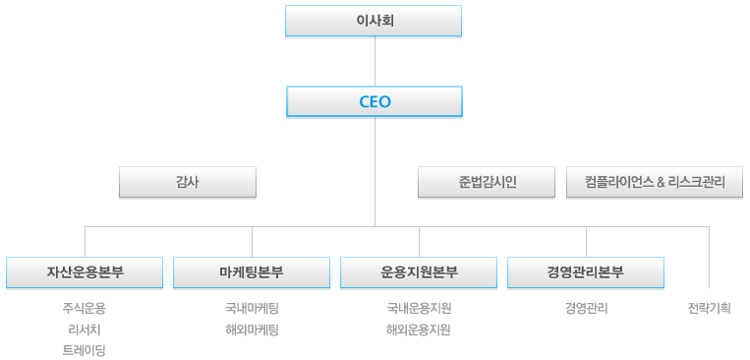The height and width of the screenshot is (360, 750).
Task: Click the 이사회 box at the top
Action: [x=374, y=20]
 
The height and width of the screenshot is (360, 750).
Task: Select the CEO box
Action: [x=374, y=101]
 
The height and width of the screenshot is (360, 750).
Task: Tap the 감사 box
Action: [x=187, y=182]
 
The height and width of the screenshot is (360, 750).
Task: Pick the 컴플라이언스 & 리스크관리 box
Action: [x=654, y=182]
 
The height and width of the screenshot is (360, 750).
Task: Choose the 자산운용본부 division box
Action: [x=85, y=272]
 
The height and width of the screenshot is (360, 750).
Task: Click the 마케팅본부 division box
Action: [x=252, y=272]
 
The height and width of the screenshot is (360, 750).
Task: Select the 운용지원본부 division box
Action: [x=419, y=272]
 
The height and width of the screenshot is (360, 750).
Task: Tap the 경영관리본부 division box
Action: [x=586, y=272]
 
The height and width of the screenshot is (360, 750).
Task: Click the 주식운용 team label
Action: [x=85, y=309]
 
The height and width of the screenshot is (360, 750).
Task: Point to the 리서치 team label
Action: [x=85, y=330]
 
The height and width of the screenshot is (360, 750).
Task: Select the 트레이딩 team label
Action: [x=85, y=350]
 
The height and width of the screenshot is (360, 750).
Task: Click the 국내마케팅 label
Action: [x=252, y=309]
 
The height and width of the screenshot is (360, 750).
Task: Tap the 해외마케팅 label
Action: [x=252, y=330]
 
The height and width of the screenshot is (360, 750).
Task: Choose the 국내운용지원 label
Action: [x=419, y=309]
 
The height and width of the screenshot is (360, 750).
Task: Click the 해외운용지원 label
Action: [x=419, y=330]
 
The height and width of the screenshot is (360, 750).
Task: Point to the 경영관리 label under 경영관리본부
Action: [x=586, y=309]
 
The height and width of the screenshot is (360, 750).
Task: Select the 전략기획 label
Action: [x=709, y=309]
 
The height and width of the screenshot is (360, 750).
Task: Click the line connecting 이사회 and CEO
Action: [x=375, y=61]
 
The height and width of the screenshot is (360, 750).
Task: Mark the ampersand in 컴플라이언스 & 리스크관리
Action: [x=661, y=182]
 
